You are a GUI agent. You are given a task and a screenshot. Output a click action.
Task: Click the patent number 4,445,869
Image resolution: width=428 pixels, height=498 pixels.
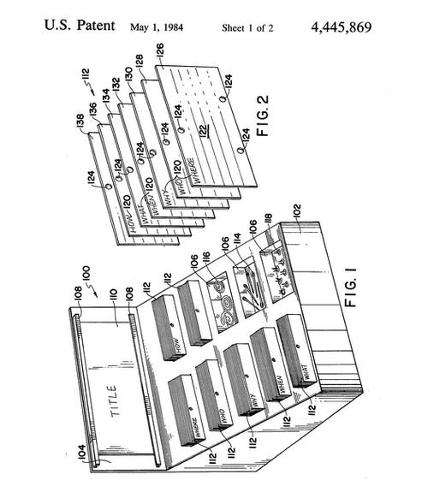click(359, 27)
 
